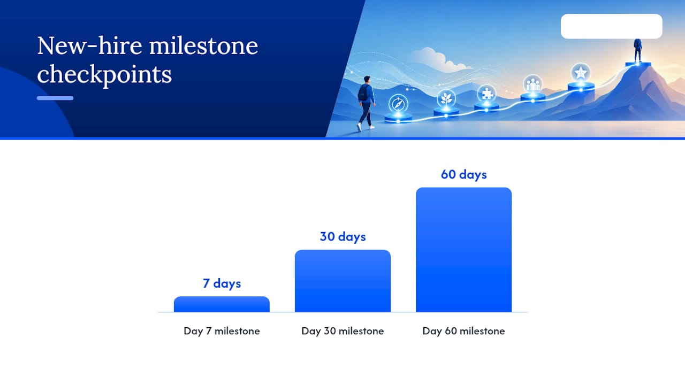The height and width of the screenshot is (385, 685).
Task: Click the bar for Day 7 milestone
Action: pos(222,304)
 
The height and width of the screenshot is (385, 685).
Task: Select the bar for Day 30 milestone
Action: pos(342,281)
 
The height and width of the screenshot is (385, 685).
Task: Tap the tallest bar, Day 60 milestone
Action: pos(463,250)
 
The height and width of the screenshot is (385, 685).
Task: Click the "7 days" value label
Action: pos(222,283)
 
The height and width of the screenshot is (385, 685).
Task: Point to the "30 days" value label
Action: pos(343,237)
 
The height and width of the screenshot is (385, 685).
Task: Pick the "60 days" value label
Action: pos(463,175)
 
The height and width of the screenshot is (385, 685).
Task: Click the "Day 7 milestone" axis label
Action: pos(222,331)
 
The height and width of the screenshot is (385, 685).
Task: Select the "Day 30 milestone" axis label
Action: pos(342,331)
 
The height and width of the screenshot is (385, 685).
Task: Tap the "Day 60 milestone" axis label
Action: pos(463,331)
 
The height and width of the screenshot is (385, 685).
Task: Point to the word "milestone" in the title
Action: pos(204,46)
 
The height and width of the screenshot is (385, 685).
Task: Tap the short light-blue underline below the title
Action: pos(55,98)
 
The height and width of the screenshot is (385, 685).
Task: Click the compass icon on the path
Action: pos(398,104)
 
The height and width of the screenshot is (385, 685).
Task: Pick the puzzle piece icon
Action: pos(486,94)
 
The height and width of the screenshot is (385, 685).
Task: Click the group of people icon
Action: pos(533,84)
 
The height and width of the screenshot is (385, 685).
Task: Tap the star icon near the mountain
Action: pos(581,73)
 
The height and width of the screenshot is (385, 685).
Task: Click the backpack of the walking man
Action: pos(363,93)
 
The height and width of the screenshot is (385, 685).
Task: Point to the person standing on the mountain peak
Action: pos(637,50)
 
